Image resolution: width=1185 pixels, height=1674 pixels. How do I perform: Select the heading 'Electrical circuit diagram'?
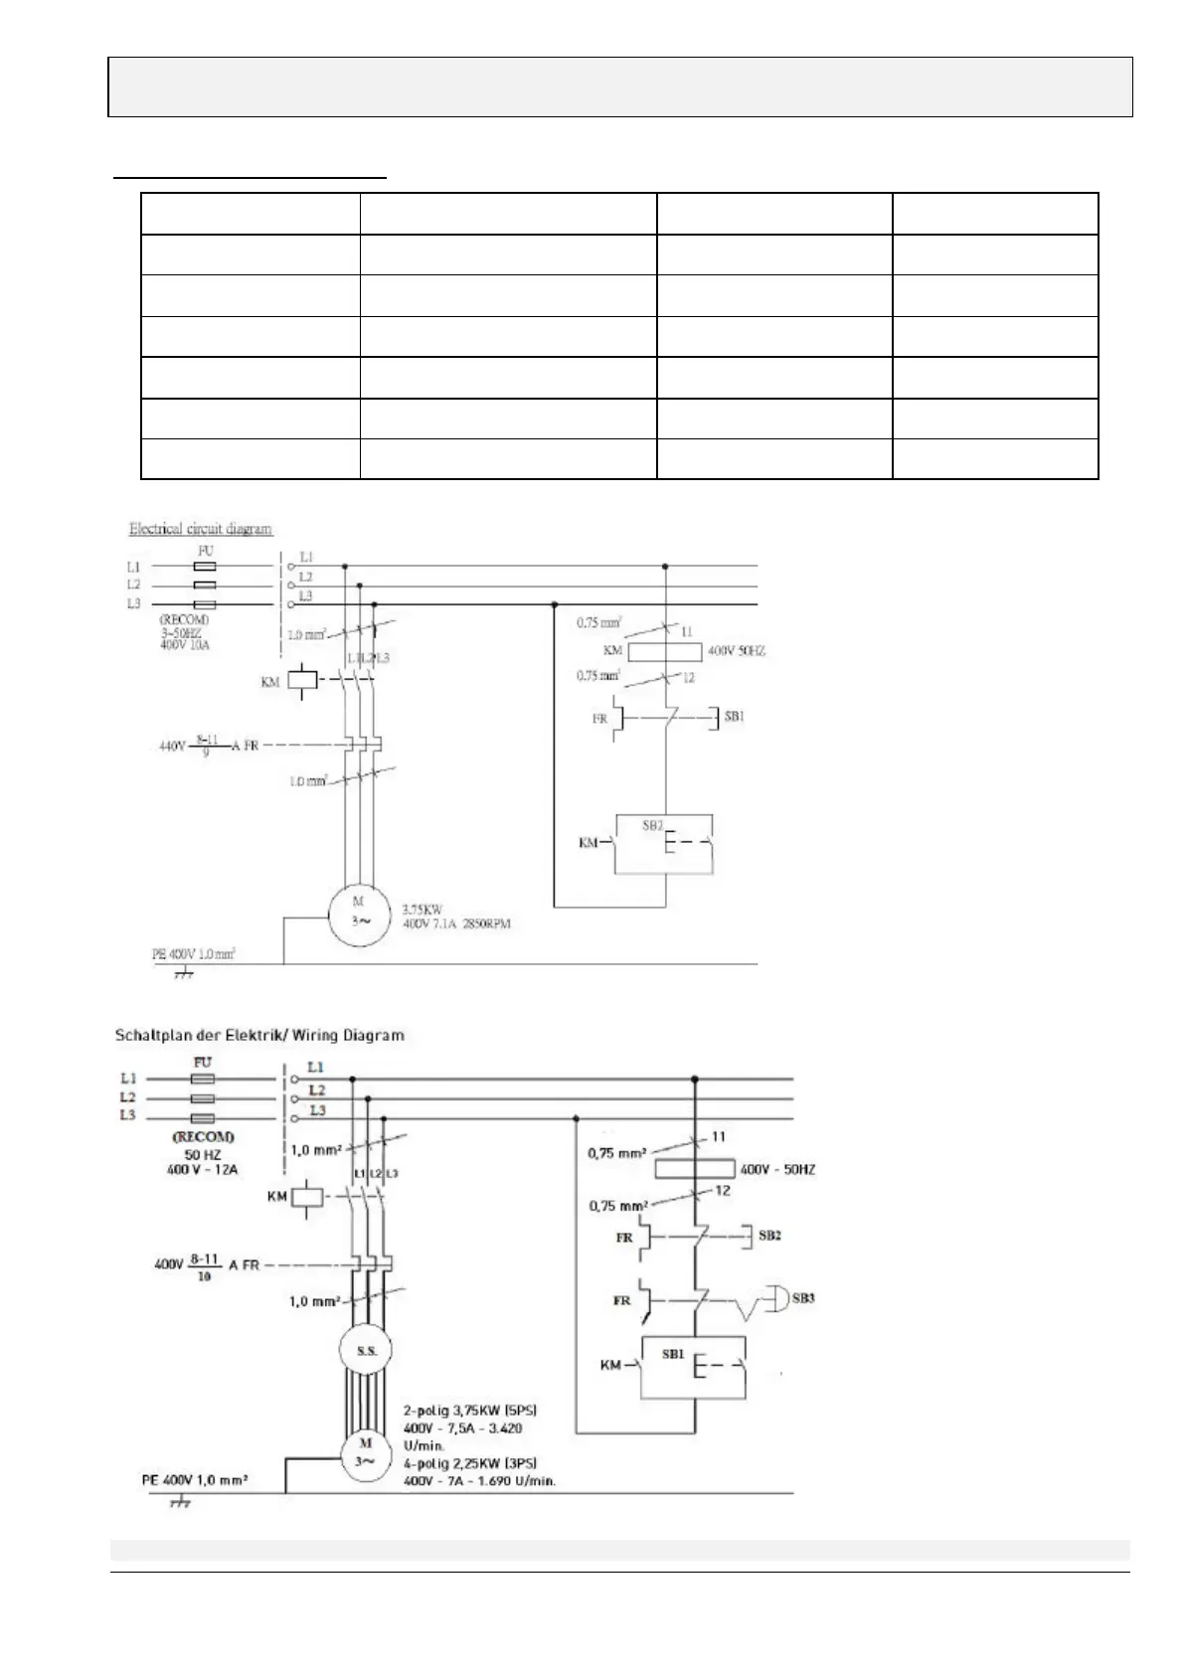pos(200,528)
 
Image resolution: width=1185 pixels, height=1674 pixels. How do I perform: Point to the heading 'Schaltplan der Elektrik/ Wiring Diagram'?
pos(259,1035)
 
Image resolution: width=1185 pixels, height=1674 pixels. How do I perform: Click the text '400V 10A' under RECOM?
pos(184,645)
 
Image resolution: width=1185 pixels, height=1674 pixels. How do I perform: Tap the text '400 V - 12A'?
pos(203,1170)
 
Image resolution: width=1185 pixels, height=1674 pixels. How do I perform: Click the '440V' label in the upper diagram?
pos(172,745)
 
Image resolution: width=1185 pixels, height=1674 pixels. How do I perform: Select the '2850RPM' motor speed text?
pos(488,923)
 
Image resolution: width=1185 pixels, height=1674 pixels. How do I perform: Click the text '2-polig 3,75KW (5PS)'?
pos(470,1410)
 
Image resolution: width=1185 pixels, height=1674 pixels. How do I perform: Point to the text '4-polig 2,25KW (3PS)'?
pos(470,1462)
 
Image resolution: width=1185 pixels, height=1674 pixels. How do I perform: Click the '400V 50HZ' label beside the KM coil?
pos(736,651)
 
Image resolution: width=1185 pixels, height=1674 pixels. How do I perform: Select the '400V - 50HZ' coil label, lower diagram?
pos(777,1170)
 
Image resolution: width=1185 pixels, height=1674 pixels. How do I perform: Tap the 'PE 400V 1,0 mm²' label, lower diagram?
pos(194,1479)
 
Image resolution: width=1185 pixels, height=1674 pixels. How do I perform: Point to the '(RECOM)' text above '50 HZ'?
pos(203,1136)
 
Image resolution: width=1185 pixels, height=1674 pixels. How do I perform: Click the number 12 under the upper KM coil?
pos(688,678)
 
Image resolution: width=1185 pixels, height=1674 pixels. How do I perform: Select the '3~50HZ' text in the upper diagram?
pos(180,632)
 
